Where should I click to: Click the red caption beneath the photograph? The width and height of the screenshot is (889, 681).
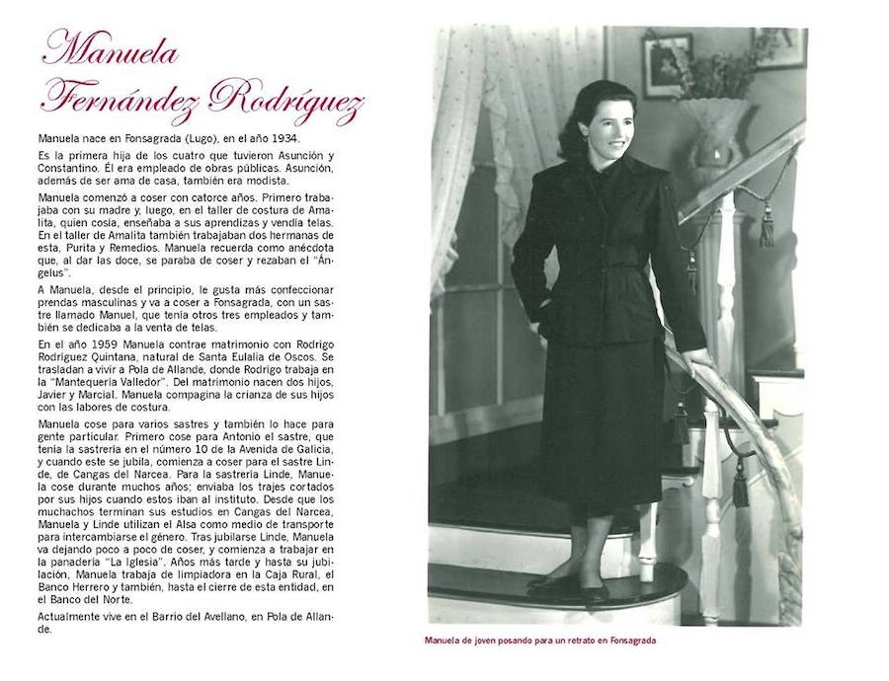point(540,640)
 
